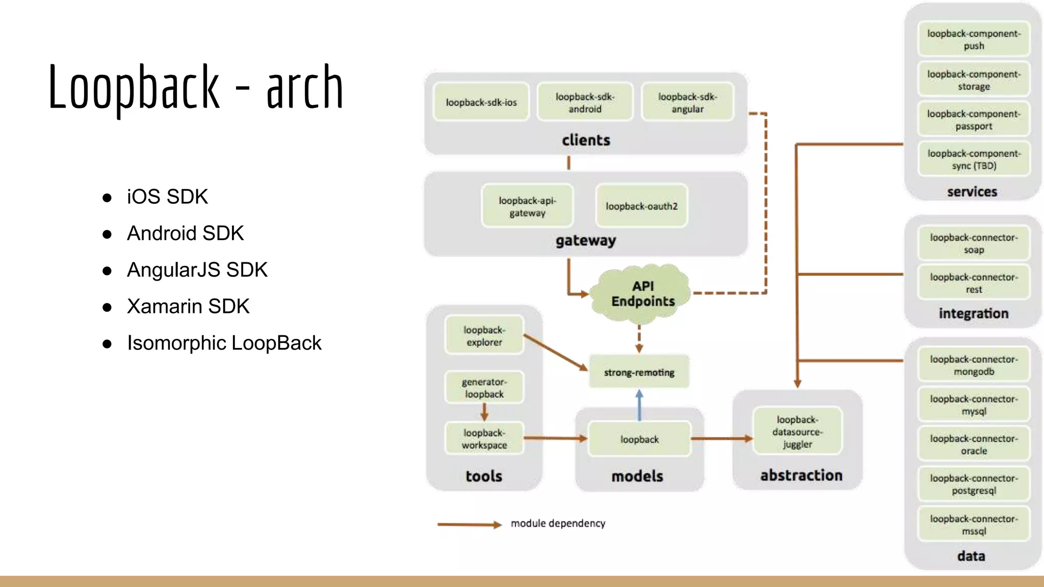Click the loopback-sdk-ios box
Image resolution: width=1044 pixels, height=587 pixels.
481,102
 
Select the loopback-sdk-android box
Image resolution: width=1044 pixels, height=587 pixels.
585,102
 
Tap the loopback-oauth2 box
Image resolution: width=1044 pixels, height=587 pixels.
641,206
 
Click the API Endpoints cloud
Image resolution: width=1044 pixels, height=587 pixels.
641,294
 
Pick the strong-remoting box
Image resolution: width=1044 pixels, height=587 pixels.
639,372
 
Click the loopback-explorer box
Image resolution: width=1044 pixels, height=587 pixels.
484,336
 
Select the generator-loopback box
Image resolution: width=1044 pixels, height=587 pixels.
484,388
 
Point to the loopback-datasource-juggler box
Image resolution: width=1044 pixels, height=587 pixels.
797,432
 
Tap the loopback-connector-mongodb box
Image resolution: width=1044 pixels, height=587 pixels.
974,365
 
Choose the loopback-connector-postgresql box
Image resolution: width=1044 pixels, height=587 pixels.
974,484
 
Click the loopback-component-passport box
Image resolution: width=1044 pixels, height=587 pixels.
974,120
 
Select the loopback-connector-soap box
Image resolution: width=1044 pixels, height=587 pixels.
974,244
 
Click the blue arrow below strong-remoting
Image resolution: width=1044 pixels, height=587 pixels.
639,405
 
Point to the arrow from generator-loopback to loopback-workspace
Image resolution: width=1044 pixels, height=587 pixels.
484,412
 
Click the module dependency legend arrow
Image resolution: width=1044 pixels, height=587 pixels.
469,524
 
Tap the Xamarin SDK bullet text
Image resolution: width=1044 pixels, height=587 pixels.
188,306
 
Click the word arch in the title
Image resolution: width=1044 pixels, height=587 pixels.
304,88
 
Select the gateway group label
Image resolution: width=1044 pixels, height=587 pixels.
586,241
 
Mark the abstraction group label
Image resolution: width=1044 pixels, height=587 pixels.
801,475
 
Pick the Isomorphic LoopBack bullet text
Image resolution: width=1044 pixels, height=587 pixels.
224,343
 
